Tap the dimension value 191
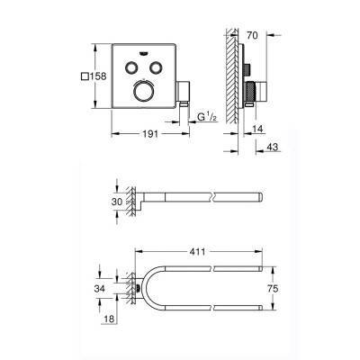[150, 133]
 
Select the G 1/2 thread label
[207, 117]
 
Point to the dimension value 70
[252, 35]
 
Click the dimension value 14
[257, 129]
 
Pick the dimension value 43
[272, 147]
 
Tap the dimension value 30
[117, 202]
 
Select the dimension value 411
[197, 251]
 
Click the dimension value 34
[100, 289]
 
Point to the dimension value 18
[109, 319]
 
